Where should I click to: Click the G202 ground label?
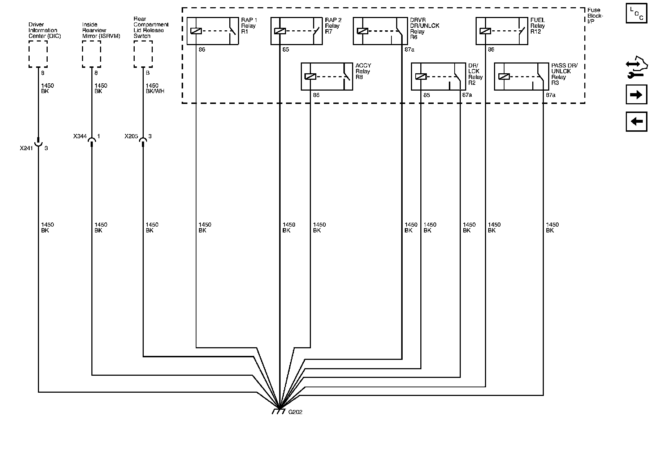pyautogui.click(x=295, y=412)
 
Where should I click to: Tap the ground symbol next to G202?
pyautogui.click(x=278, y=411)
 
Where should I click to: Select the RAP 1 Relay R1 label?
pyautogui.click(x=249, y=26)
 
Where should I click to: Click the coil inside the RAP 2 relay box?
pyautogui.click(x=280, y=31)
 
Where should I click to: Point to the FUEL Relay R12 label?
pyautogui.click(x=538, y=26)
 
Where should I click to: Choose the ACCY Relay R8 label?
pyautogui.click(x=363, y=71)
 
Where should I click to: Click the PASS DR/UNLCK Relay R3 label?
pyautogui.click(x=564, y=74)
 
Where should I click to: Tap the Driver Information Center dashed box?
pyautogui.click(x=38, y=54)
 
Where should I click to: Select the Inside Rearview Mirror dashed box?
pyautogui.click(x=91, y=54)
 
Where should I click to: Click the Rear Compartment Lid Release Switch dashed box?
pyautogui.click(x=143, y=54)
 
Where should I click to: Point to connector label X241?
pyautogui.click(x=26, y=148)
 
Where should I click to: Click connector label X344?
pyautogui.click(x=80, y=136)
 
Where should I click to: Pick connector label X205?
pyautogui.click(x=131, y=136)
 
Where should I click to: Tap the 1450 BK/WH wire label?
pyautogui.click(x=155, y=88)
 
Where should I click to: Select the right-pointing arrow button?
pyautogui.click(x=636, y=95)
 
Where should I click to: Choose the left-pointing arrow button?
pyautogui.click(x=636, y=121)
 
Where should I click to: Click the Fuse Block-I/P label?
pyautogui.click(x=594, y=16)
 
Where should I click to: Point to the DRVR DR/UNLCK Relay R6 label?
pyautogui.click(x=424, y=29)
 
